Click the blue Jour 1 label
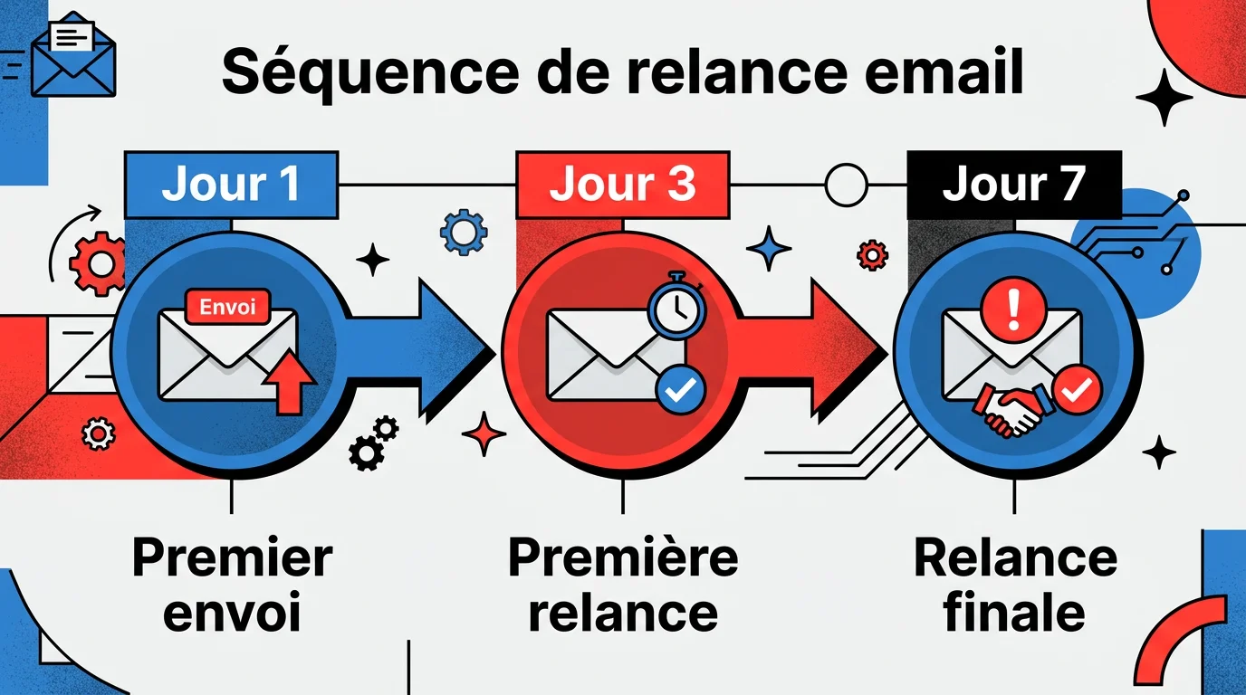(x=231, y=185)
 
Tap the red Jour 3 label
(x=622, y=185)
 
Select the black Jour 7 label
(x=1013, y=185)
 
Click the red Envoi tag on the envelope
(x=227, y=306)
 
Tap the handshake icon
(x=1013, y=409)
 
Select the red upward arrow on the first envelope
(x=288, y=380)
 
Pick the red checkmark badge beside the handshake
(x=1077, y=389)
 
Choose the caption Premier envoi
(x=232, y=586)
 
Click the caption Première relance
(x=623, y=586)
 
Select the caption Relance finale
(x=1014, y=586)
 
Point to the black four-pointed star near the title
(x=1164, y=97)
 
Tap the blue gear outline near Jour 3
(x=463, y=232)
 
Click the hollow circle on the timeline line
(x=846, y=185)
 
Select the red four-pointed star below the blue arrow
(x=484, y=433)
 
